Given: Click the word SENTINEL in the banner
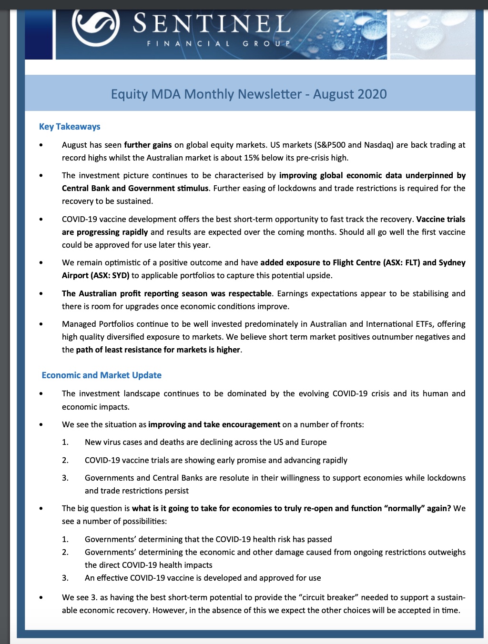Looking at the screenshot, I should pos(212,24).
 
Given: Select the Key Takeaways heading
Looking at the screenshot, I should pos(70,126).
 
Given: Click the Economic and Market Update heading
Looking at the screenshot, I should pos(102,375).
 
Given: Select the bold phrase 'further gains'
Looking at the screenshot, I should pos(148,145).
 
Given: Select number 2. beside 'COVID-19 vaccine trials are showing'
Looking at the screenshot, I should pos(65,460).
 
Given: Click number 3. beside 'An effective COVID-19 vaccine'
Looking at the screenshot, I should pos(65,578).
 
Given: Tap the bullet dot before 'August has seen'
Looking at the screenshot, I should pos(41,145).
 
